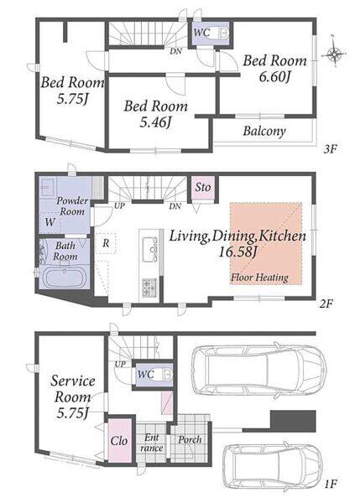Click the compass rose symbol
coord(336,54)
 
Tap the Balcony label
coord(264,132)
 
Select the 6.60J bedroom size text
coord(274,77)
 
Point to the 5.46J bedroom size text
coord(155,122)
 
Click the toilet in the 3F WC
coord(222,33)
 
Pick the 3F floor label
coord(330,149)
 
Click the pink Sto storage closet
coord(202,187)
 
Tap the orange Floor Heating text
coord(259,277)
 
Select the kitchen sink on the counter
coord(150,249)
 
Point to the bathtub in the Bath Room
coord(65,277)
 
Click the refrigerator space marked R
coord(106,243)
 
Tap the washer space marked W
coord(50,222)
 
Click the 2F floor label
coord(326,303)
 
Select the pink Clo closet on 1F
coord(119,440)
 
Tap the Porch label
coord(190,440)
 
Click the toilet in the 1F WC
coord(167,375)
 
